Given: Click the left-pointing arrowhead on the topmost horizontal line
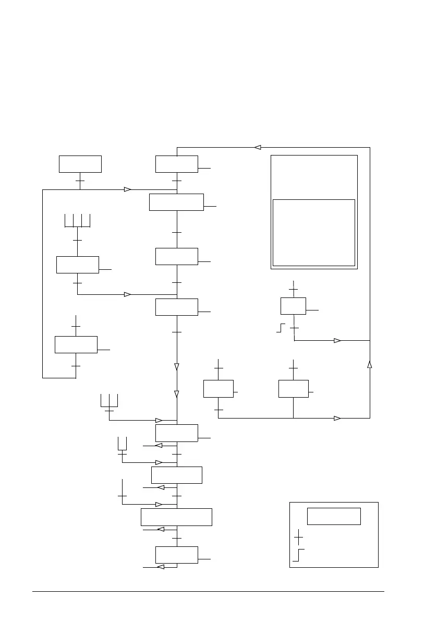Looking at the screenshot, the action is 258,147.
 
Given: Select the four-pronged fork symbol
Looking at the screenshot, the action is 77,221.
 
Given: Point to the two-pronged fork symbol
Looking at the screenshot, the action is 123,443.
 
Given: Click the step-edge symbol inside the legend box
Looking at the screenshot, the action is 298,555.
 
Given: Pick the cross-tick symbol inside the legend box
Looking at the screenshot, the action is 298,536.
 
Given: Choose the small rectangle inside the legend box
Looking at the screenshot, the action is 334,516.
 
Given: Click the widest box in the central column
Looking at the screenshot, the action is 176,517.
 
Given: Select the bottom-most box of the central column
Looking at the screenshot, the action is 176,555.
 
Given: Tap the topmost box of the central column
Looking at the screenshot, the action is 176,164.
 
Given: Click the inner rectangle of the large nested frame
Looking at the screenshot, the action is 314,232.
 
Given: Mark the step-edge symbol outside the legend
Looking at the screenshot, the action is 281,328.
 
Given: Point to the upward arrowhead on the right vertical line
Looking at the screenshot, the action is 370,364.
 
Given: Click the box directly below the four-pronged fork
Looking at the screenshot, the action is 77,265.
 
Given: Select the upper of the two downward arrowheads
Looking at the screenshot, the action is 177,367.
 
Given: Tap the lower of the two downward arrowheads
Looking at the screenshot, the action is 177,394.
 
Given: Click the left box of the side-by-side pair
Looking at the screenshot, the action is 218,389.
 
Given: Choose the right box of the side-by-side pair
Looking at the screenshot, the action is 293,389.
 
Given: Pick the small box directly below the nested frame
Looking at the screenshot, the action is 293,306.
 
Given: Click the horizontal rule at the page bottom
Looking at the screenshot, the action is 209,591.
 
